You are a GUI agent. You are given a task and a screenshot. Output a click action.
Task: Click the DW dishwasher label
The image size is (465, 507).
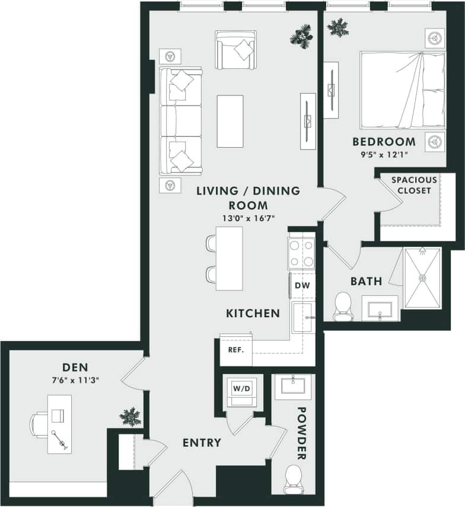[301, 285]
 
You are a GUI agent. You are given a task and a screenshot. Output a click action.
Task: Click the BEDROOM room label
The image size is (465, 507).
[384, 142]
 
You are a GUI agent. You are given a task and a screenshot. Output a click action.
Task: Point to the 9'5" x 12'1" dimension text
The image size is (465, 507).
[384, 155]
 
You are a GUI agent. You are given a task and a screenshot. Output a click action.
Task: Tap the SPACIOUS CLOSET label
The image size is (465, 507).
[414, 185]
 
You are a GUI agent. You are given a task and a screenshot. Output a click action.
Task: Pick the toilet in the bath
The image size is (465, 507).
[343, 306]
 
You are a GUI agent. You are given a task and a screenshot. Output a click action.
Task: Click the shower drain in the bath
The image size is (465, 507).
[423, 278]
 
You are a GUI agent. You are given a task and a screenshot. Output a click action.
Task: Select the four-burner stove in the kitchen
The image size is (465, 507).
[301, 253]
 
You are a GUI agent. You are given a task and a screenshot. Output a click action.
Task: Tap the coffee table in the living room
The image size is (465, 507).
[230, 121]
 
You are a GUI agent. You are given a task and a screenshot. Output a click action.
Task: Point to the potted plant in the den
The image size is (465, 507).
[129, 416]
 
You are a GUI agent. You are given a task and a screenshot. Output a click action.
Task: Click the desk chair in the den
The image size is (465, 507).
[39, 425]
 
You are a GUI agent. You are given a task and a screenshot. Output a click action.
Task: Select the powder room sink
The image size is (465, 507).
[294, 387]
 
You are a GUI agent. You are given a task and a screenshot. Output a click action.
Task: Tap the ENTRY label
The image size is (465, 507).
[202, 442]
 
